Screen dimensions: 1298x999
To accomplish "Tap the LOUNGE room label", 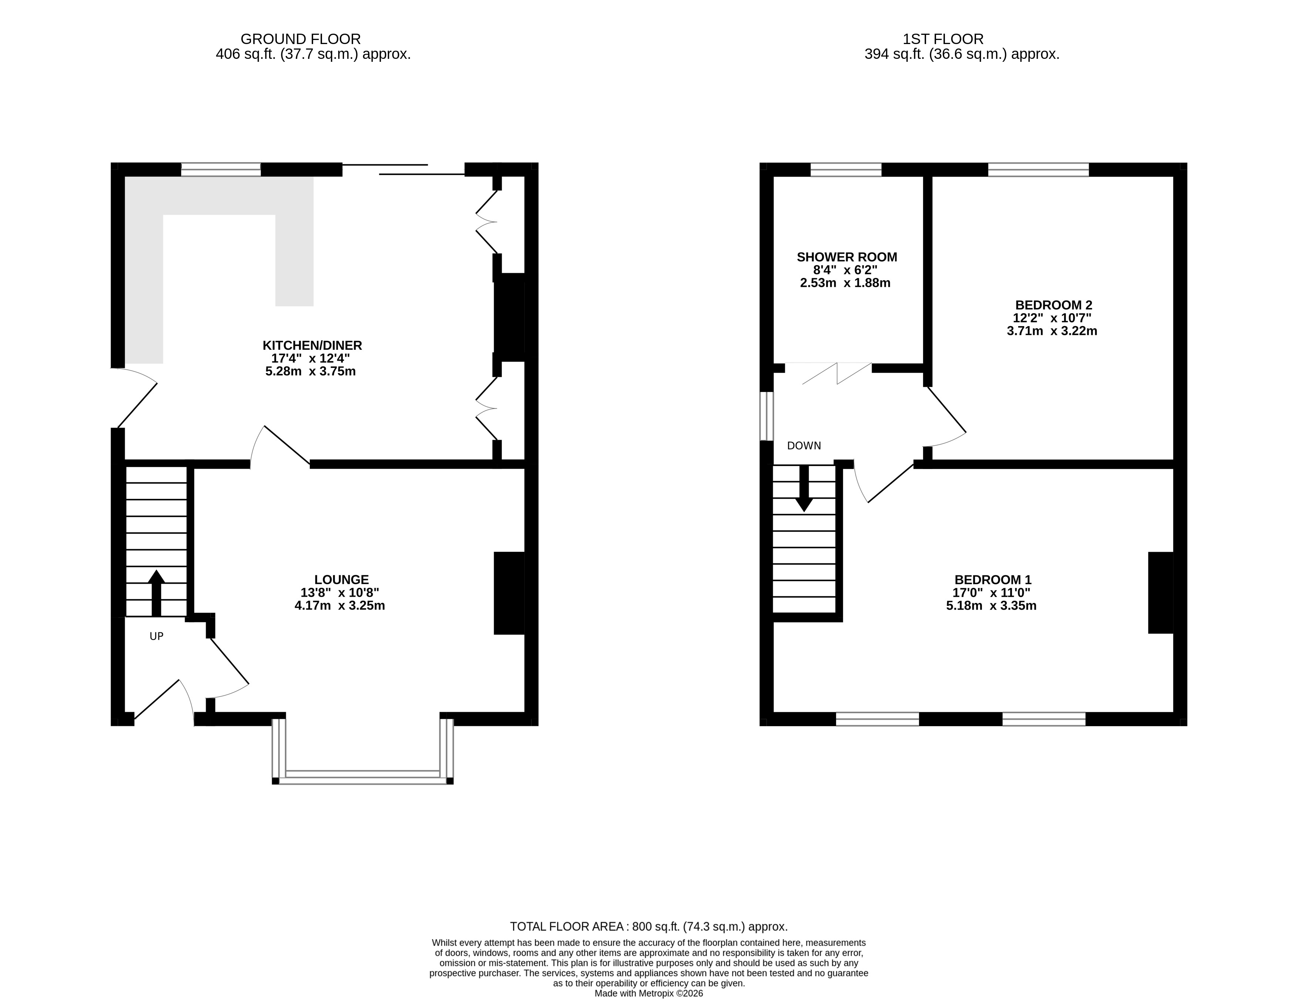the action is pyautogui.click(x=341, y=579).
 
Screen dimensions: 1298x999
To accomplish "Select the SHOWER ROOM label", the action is pyautogui.click(x=847, y=257).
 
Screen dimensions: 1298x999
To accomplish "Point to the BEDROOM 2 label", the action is pyautogui.click(x=1053, y=305).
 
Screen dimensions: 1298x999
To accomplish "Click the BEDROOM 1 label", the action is pyautogui.click(x=993, y=579).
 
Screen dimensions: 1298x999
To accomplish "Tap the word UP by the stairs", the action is pyautogui.click(x=156, y=637).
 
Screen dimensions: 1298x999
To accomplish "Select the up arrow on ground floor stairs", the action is pyautogui.click(x=156, y=593).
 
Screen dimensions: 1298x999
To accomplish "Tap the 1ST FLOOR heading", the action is pyautogui.click(x=943, y=39).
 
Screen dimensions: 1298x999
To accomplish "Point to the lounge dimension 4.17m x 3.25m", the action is pyautogui.click(x=340, y=606).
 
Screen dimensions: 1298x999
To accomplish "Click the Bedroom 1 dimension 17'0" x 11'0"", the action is pyautogui.click(x=991, y=593).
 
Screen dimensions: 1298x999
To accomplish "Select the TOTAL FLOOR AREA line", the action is pyautogui.click(x=648, y=926).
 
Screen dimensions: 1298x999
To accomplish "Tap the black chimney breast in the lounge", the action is pyautogui.click(x=509, y=593).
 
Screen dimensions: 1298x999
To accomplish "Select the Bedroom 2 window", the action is pyautogui.click(x=1038, y=170).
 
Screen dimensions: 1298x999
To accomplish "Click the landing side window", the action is pyautogui.click(x=767, y=416).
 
